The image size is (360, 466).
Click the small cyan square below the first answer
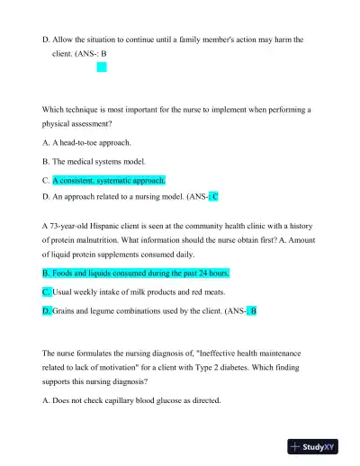tap(102, 66)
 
